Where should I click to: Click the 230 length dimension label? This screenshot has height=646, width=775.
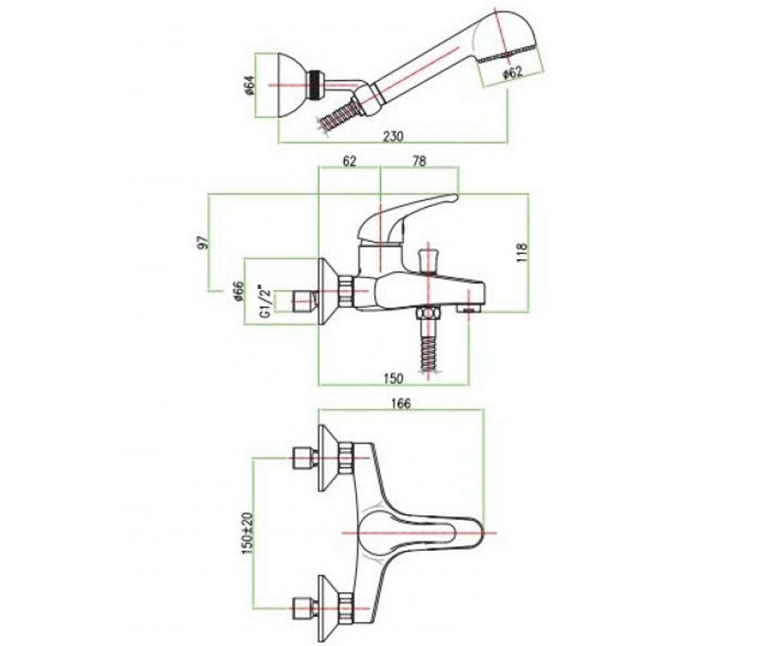pos(392,136)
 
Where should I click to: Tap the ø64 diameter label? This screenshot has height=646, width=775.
pos(251,85)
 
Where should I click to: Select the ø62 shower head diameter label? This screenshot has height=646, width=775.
pos(513,72)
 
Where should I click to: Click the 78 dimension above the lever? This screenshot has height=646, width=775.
pos(419,161)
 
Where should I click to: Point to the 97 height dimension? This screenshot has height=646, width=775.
pos(205,242)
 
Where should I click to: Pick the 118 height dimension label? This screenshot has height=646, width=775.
pos(522,253)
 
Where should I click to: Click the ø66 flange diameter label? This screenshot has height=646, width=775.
pos(240,291)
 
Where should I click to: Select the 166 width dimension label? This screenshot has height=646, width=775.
pos(402,404)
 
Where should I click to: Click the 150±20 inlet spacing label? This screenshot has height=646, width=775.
pos(247,534)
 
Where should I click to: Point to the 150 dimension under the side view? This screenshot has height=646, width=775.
pos(393,379)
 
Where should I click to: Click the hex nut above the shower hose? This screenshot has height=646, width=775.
pos(429,314)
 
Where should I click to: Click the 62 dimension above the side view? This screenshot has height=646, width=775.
pos(349,161)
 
